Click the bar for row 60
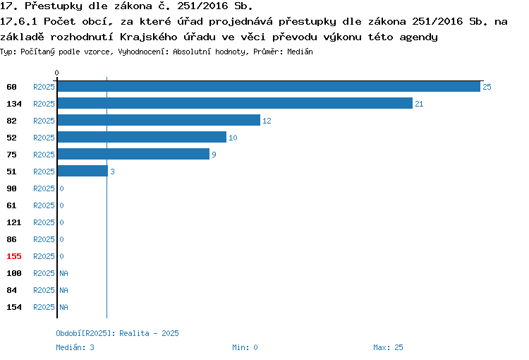point(269,86)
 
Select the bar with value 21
point(235,103)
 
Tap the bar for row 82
point(159,120)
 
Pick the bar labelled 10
point(142,137)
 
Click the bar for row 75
point(133,154)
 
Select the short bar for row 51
point(83,171)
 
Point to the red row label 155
point(14,256)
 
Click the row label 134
point(14,104)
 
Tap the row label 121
point(14,222)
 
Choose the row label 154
point(14,307)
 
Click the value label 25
point(487,87)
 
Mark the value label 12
point(267,121)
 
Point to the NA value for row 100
point(63,273)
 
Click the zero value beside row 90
point(62,188)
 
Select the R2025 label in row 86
point(44,239)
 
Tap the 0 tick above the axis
point(56,73)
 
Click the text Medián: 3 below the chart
point(75,347)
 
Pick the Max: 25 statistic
point(388,347)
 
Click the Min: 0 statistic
point(245,347)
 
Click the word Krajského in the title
point(148,37)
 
